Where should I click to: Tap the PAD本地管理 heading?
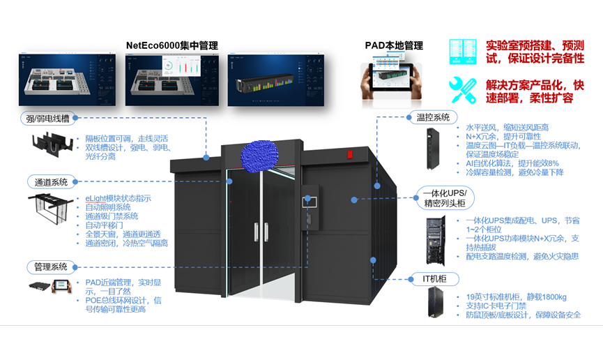click(x=394, y=45)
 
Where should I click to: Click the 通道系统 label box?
click(x=50, y=182)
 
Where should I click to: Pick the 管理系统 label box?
click(x=50, y=267)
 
